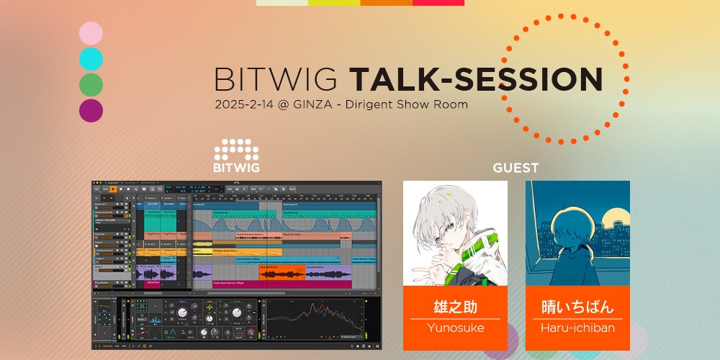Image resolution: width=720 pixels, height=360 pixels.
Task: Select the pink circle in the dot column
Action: coord(91,33)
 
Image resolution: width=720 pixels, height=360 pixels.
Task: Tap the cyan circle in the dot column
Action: coord(91,59)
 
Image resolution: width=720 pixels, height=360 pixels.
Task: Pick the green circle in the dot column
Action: coord(91,85)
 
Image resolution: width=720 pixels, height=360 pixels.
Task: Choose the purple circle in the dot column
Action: coord(91,111)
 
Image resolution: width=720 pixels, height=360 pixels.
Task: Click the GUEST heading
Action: coord(516,168)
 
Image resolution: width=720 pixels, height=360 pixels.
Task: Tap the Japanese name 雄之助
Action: coord(455,307)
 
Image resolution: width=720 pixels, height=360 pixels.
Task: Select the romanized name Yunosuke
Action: coord(455,328)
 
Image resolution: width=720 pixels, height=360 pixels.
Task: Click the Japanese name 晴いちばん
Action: coord(577,307)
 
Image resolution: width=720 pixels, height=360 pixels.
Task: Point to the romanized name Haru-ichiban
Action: coord(577,328)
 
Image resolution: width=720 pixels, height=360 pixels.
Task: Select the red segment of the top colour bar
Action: coord(438,3)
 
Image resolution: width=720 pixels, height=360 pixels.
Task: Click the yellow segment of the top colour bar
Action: coord(334,3)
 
